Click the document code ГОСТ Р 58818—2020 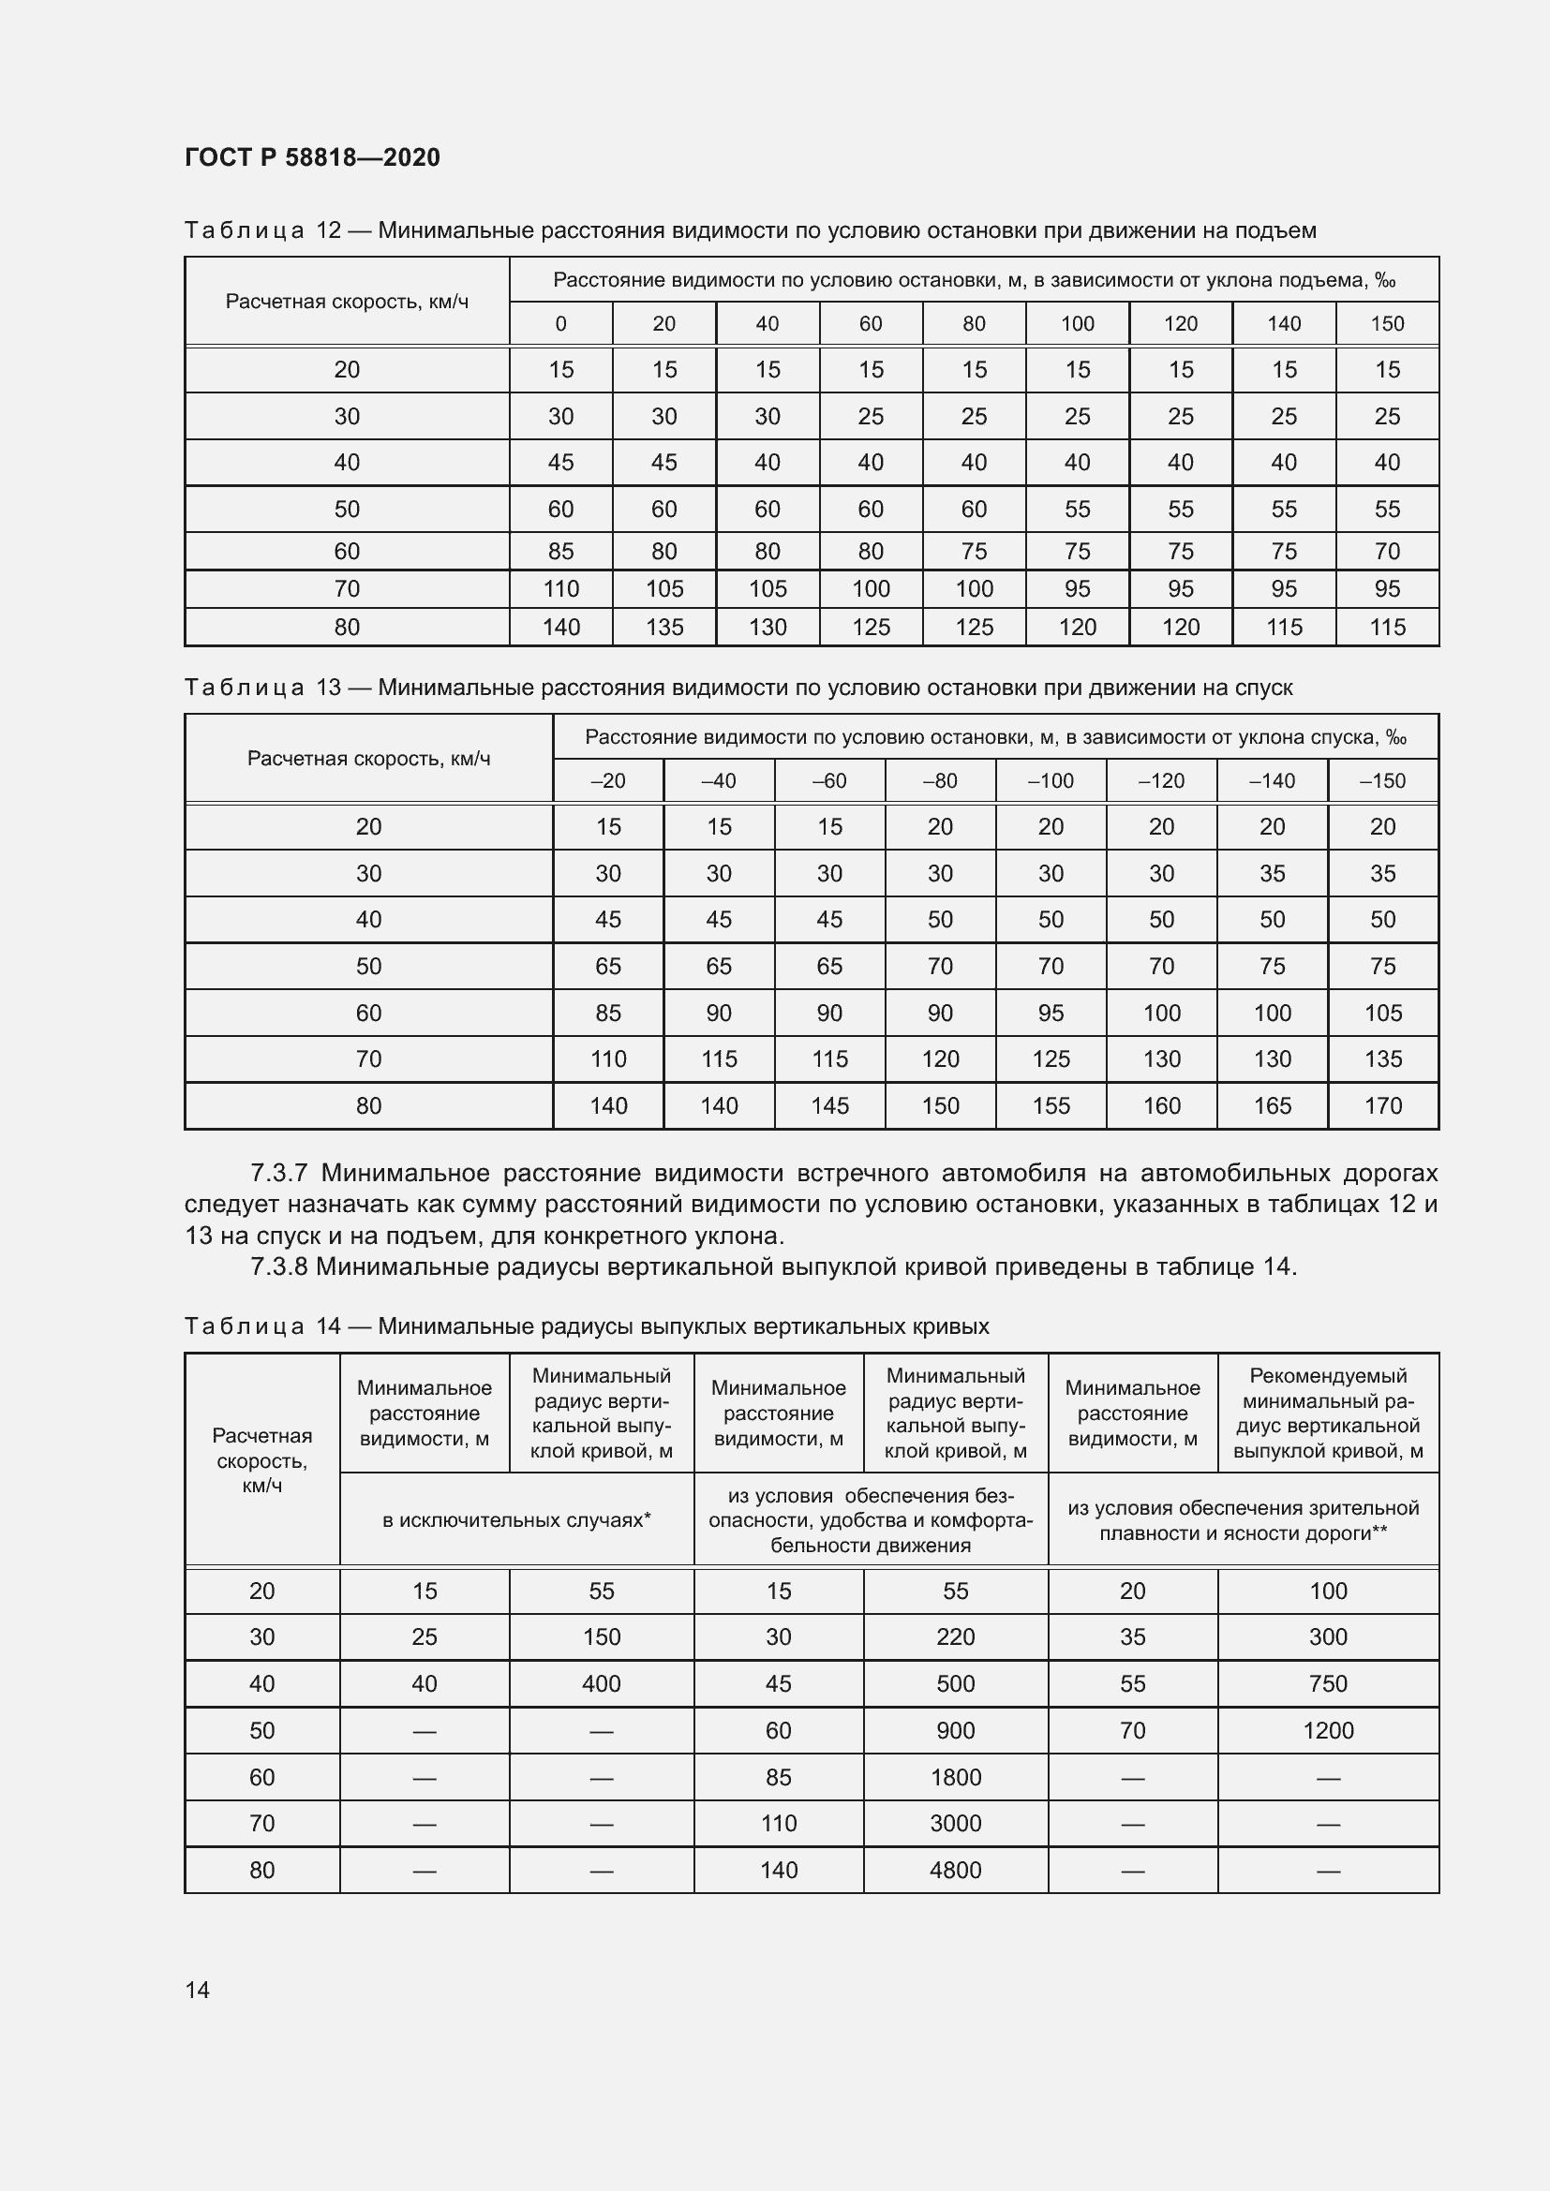[x=312, y=157]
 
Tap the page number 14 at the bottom [x=198, y=1990]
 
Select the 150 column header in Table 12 [x=1387, y=323]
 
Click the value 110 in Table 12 [x=561, y=589]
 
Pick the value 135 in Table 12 [x=664, y=627]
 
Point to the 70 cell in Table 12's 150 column [x=1387, y=551]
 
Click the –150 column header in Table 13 [x=1382, y=780]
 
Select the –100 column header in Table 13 [x=1050, y=780]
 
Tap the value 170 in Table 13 [x=1383, y=1105]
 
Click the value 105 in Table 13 [x=1383, y=1013]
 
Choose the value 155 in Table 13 [x=1051, y=1105]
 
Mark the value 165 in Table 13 [x=1273, y=1105]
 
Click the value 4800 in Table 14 [x=955, y=1870]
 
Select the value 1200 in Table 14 [x=1328, y=1730]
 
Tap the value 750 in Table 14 [x=1328, y=1683]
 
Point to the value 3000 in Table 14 [x=955, y=1823]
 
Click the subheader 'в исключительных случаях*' [x=516, y=1519]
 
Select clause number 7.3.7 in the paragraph [x=281, y=1172]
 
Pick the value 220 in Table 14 [x=955, y=1636]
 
